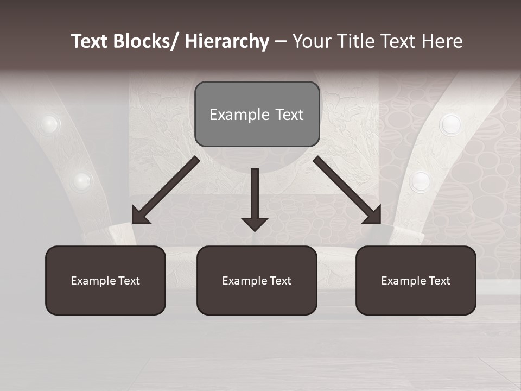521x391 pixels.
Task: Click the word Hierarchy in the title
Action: [x=227, y=41]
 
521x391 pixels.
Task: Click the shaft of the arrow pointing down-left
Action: [x=174, y=185]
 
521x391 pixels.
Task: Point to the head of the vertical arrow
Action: [x=255, y=223]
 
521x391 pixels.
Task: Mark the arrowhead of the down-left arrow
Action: [x=140, y=216]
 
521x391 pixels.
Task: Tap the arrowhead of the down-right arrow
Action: [x=373, y=216]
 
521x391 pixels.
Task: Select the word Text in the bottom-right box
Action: [x=439, y=281]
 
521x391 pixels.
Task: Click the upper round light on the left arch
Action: [x=49, y=124]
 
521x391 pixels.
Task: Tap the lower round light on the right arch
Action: [x=421, y=181]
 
